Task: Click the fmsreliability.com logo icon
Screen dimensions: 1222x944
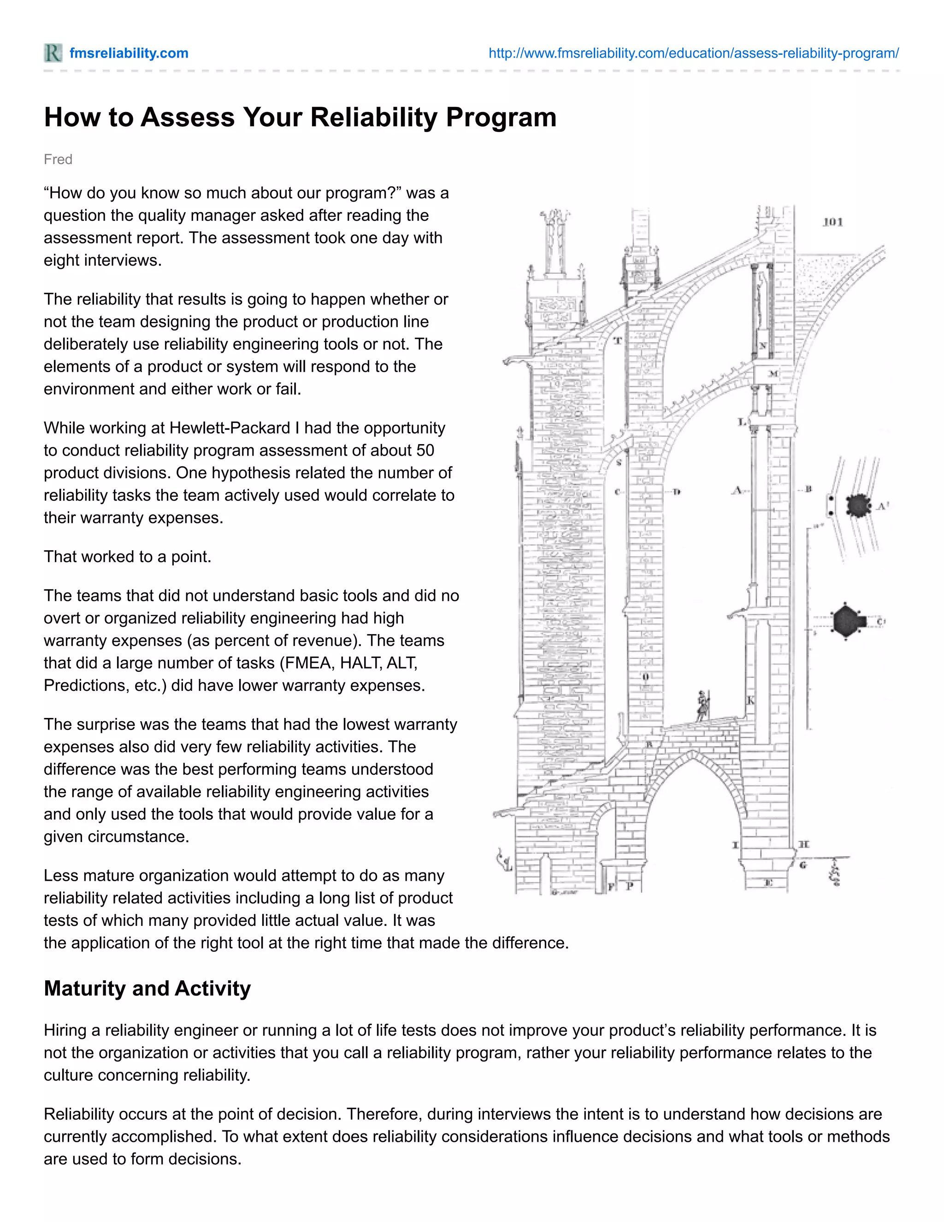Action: coord(53,53)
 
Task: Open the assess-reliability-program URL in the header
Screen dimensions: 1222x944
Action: coord(693,53)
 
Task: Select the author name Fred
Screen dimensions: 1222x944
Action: coord(58,160)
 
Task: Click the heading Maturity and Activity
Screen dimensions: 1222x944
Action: coord(147,989)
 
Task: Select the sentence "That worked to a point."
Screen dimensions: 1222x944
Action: coord(128,557)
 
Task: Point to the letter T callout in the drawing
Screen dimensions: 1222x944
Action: coord(618,340)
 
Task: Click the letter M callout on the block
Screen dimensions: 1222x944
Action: coord(773,373)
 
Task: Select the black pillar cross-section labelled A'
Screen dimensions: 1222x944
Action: coord(857,506)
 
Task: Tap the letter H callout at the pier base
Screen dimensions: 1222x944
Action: coord(803,844)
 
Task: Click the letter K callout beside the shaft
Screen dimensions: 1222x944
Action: coord(751,700)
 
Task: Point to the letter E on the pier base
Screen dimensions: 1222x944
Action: coord(768,882)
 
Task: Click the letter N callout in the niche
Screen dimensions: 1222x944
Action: coord(763,346)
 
